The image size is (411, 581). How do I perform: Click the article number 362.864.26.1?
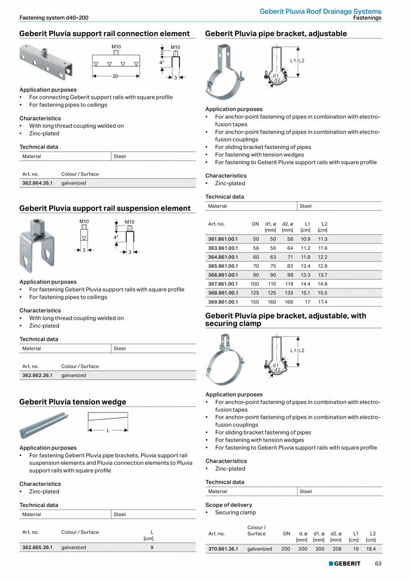(x=37, y=183)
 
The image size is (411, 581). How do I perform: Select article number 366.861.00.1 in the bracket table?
(x=223, y=275)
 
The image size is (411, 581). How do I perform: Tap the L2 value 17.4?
(x=322, y=302)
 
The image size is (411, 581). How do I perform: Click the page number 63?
(x=378, y=564)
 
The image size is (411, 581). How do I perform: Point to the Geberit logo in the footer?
(x=344, y=564)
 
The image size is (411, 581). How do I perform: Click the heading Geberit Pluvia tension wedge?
(x=73, y=402)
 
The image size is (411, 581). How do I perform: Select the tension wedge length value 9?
(x=152, y=547)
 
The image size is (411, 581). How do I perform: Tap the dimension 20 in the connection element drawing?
(x=115, y=76)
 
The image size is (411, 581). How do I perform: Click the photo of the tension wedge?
(x=44, y=425)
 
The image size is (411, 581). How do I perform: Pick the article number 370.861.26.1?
(x=223, y=549)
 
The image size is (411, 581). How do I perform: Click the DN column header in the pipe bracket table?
(x=255, y=224)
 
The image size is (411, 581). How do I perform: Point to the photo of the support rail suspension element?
(x=37, y=245)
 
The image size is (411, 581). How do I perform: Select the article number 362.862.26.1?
(x=37, y=375)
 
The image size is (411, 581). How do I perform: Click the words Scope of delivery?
(x=229, y=505)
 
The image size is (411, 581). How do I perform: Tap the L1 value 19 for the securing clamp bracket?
(x=356, y=549)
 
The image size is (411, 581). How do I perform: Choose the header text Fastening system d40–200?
(x=54, y=18)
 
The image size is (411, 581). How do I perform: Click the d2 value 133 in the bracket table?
(x=289, y=293)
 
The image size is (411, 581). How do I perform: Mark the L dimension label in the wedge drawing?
(x=108, y=430)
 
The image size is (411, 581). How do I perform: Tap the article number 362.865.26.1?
(x=37, y=547)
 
